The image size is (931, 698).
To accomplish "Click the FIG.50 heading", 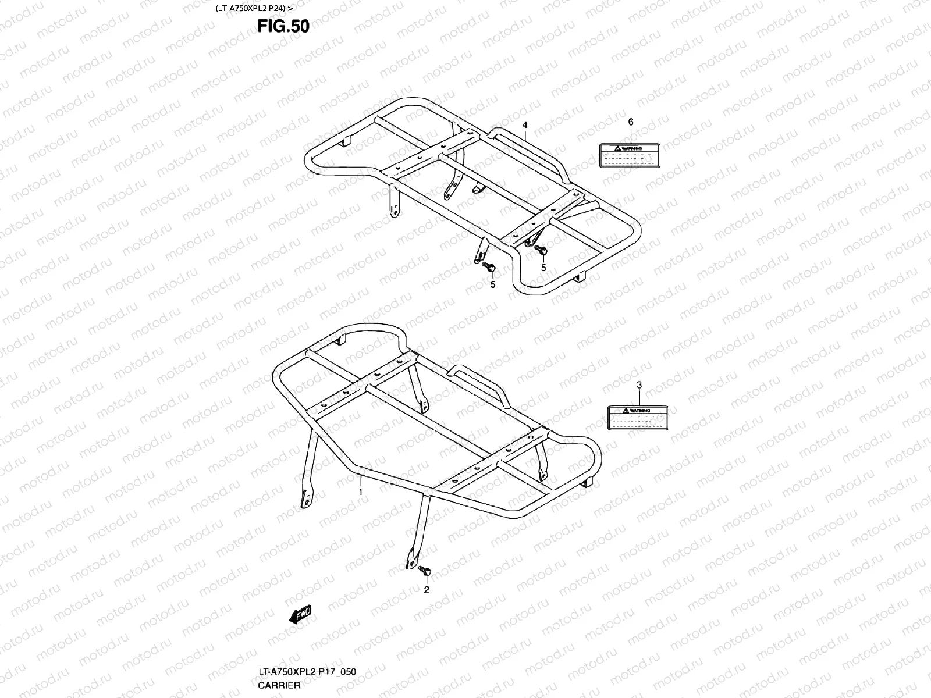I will (x=284, y=27).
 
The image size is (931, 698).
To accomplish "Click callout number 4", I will (x=524, y=125).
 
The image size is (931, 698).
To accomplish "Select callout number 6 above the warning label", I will (x=630, y=122).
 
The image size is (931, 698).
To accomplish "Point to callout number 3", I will (x=639, y=384).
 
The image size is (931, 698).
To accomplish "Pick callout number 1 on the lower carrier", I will (x=361, y=492).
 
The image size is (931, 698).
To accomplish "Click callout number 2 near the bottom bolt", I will (x=426, y=589).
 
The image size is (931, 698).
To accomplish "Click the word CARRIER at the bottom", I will (x=279, y=685).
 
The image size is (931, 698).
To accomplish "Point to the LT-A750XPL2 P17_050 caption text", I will (x=307, y=672).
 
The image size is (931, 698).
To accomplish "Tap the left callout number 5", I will (x=493, y=284).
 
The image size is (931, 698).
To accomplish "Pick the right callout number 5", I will (x=543, y=268).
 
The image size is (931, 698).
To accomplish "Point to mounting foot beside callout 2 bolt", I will (x=411, y=558).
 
